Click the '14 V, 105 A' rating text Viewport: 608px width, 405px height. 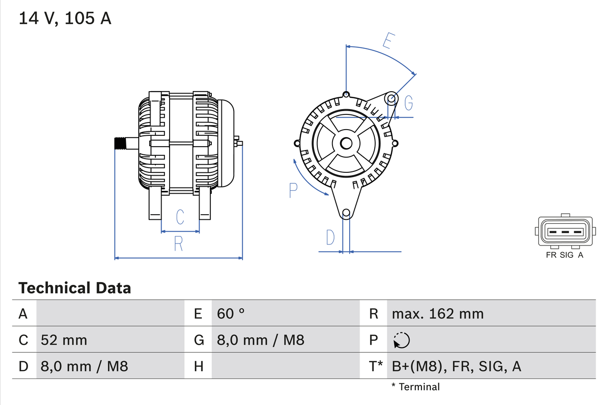tap(65, 19)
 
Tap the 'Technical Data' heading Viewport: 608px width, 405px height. tap(75, 288)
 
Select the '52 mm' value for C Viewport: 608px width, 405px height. tap(64, 340)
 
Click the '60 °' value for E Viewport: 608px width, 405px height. tap(231, 313)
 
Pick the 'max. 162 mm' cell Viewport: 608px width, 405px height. tap(437, 313)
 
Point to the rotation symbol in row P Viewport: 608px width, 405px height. tap(401, 340)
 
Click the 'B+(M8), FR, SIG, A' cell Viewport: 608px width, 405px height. tap(456, 366)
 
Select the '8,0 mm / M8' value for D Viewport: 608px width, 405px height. tap(85, 366)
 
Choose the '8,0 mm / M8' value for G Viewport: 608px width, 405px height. tap(260, 340)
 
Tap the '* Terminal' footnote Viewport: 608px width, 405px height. tap(416, 386)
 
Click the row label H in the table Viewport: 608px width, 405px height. tap(198, 366)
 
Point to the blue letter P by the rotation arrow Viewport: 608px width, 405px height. tap(293, 190)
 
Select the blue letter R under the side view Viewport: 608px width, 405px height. tap(178, 243)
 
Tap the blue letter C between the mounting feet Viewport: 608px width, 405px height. tap(180, 217)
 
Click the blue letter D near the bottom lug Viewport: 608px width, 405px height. tap(330, 237)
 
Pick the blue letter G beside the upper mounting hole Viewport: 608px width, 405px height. tap(408, 102)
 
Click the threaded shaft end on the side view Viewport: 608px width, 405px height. tap(121, 143)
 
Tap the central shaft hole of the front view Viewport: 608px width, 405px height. tap(346, 143)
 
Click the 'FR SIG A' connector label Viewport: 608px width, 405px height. tap(564, 255)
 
